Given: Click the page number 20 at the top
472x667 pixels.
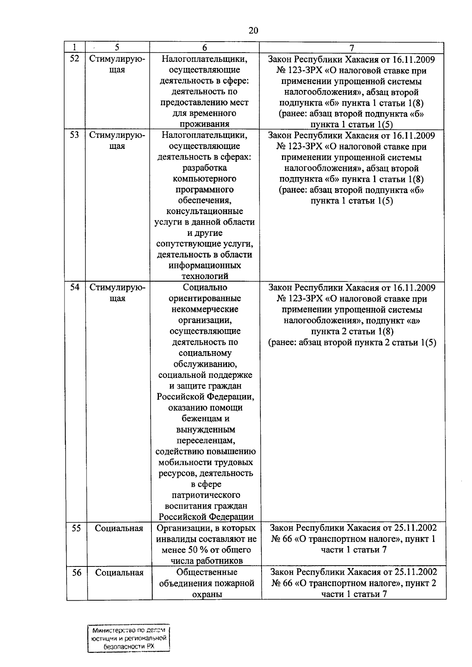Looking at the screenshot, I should coord(253,31).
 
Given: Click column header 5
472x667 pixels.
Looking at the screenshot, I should coord(117,48).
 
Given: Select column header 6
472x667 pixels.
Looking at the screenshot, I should coord(205,48).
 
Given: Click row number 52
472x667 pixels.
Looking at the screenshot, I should coord(75,59).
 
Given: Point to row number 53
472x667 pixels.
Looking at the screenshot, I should coord(75,135).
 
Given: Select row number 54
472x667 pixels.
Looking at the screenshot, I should coord(75,287).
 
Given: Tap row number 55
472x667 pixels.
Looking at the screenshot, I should coord(76,528).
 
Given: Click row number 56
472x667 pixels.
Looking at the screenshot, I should coord(77,573).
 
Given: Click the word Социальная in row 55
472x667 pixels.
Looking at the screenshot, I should coord(119,528).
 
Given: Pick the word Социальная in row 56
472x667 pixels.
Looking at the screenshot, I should coord(119,573).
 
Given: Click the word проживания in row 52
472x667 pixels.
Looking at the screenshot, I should coord(205,124).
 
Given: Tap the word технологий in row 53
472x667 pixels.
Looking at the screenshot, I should coord(205,276).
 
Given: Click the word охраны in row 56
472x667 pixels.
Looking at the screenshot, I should coord(207,594).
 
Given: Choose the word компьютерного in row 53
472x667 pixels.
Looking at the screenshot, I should coord(205,179).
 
